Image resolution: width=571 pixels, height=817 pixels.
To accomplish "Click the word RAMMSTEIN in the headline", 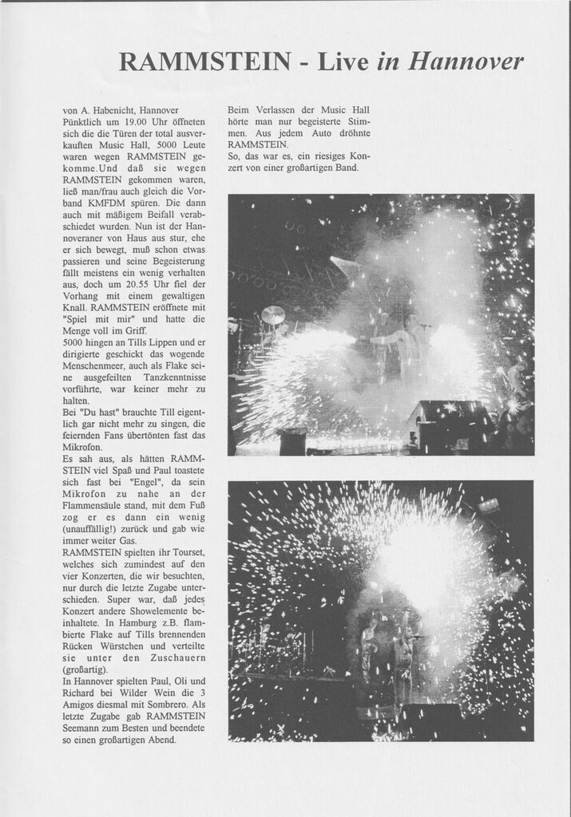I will (204, 61).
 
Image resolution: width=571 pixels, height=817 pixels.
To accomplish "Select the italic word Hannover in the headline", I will (466, 61).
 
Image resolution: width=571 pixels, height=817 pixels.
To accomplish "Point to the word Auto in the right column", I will (323, 132).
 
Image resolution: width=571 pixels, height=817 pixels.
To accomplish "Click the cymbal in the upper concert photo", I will (273, 314).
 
